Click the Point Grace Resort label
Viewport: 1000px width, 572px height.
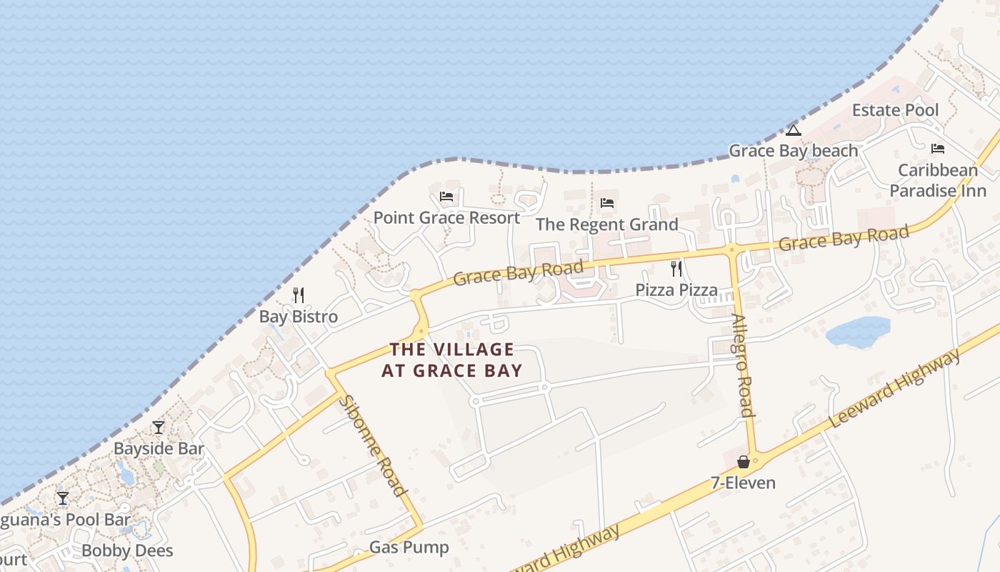click(446, 217)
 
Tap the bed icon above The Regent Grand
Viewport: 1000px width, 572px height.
click(607, 203)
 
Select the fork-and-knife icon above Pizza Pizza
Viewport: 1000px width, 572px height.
click(676, 269)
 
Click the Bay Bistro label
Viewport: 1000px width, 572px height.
click(298, 317)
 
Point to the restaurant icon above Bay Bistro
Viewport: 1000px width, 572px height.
click(299, 295)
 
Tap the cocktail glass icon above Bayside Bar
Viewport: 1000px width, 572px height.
click(159, 428)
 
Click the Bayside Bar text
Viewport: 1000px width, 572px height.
click(159, 449)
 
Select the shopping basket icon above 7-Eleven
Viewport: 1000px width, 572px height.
click(743, 462)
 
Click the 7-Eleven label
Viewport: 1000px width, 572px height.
click(743, 483)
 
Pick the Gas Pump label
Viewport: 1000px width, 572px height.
click(409, 548)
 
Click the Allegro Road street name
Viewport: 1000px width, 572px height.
click(743, 365)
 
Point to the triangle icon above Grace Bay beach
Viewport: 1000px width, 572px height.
click(793, 130)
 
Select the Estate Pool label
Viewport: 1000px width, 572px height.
click(895, 110)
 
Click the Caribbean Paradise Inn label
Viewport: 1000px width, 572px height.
click(937, 180)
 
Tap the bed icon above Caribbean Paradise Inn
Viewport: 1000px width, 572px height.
click(937, 149)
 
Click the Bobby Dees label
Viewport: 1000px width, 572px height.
click(127, 551)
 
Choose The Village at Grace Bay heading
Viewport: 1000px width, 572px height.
click(451, 360)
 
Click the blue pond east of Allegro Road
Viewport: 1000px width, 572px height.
click(858, 332)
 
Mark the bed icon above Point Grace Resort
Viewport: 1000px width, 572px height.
click(446, 196)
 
